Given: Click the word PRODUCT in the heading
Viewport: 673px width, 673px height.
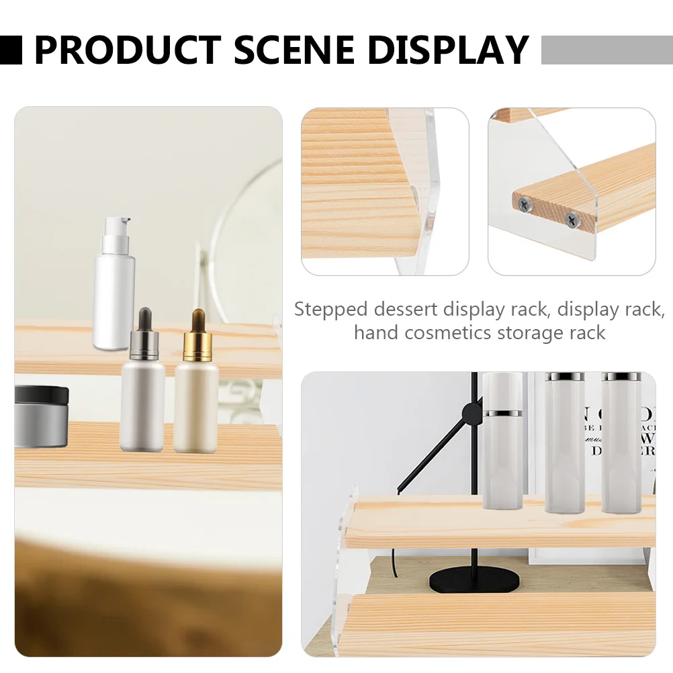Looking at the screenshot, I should pos(127,50).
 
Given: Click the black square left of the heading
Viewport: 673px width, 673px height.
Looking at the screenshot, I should pos(11,50).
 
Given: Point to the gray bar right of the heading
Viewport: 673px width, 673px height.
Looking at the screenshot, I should pos(606,50).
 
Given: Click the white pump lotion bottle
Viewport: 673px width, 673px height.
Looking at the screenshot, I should pos(114,289).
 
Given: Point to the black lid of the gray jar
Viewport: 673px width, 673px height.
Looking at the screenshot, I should pos(41,395).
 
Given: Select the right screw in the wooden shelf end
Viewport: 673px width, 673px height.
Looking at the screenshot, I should pos(571,218).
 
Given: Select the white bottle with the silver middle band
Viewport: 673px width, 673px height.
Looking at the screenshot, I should pos(502,440).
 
